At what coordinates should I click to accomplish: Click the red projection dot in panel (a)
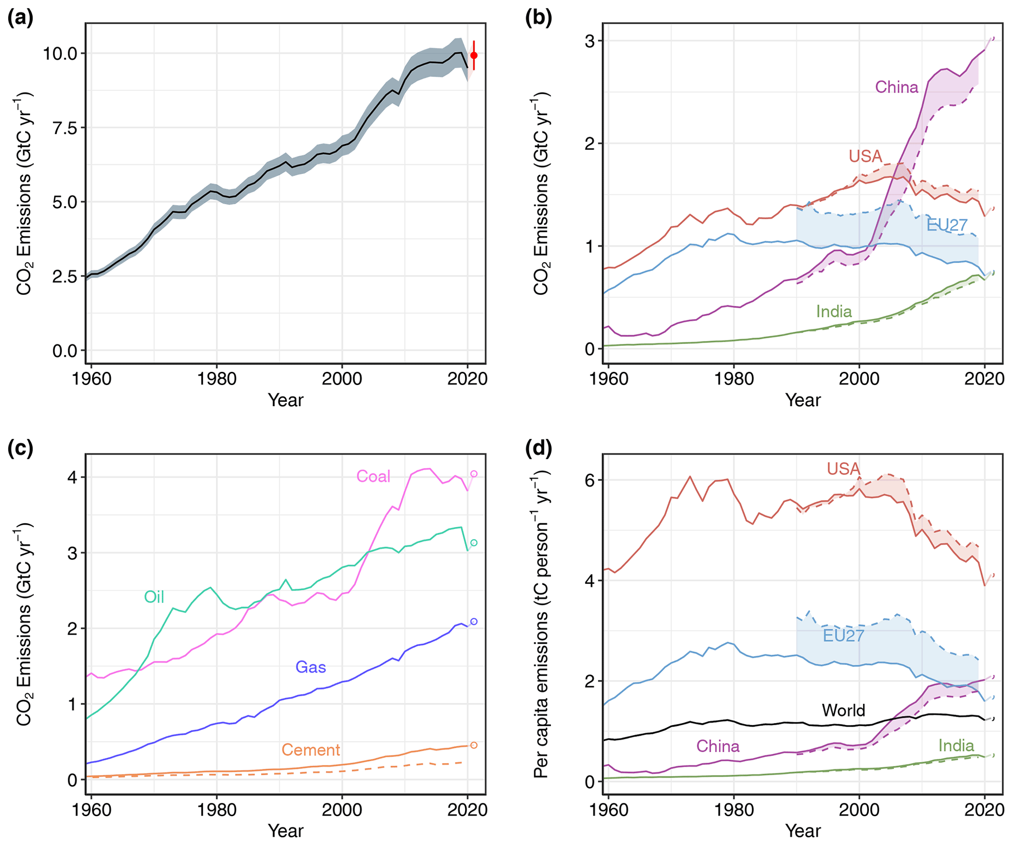[473, 55]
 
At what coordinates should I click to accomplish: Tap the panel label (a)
[21, 18]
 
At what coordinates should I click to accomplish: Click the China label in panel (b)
[896, 87]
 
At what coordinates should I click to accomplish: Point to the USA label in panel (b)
[865, 156]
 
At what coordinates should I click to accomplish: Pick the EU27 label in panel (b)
[947, 225]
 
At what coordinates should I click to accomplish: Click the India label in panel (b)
[834, 312]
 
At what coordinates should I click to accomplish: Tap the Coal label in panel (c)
[373, 476]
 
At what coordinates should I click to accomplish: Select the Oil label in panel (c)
[154, 597]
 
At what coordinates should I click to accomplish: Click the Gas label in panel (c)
[311, 667]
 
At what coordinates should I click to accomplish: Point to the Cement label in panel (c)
[311, 749]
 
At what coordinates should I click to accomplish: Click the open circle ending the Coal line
[473, 474]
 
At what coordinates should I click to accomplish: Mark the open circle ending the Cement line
[473, 745]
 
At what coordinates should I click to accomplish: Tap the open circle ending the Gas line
[473, 622]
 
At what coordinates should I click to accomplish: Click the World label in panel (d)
[843, 710]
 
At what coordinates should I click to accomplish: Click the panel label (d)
[538, 448]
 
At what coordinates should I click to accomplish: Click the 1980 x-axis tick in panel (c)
[217, 809]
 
